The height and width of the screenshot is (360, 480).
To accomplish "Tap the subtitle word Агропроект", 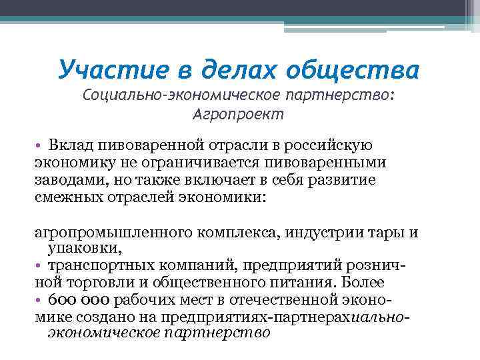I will click(238, 114).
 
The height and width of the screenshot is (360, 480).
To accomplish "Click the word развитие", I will click(344, 181).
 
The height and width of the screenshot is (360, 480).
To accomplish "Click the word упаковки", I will click(84, 249).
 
